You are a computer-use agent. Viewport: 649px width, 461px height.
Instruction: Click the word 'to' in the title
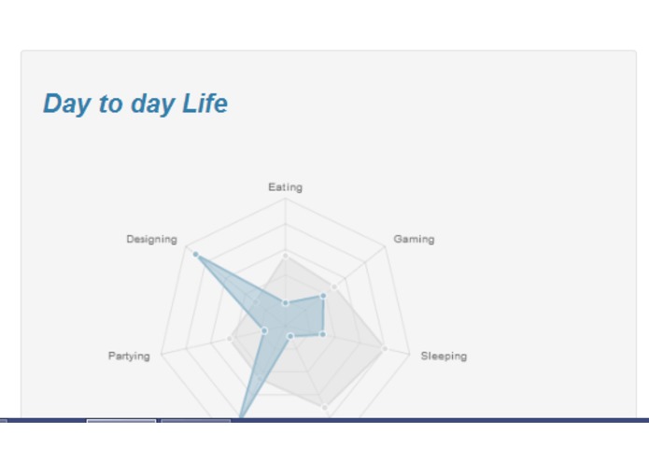click(111, 104)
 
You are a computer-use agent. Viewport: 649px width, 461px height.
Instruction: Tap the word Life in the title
click(205, 104)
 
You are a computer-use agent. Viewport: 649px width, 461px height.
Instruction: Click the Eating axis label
click(285, 188)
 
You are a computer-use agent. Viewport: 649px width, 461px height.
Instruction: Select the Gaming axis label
click(414, 239)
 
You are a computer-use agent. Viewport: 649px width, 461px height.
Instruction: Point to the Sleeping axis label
click(444, 356)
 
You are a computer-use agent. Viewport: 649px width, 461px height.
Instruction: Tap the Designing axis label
click(151, 239)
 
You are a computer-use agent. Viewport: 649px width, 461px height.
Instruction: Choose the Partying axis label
click(129, 356)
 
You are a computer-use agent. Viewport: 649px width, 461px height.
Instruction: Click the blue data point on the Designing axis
click(195, 254)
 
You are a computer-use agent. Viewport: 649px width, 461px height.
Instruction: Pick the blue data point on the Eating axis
click(286, 302)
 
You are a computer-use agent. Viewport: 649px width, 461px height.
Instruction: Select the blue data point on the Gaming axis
click(323, 296)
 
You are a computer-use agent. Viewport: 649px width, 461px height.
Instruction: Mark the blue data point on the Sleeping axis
click(322, 333)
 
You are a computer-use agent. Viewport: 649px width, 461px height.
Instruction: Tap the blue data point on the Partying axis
click(264, 330)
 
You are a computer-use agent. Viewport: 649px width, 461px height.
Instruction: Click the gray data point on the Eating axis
click(286, 255)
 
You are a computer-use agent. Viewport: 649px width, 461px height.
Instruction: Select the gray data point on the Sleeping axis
click(384, 348)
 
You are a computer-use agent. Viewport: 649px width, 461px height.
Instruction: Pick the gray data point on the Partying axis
click(230, 339)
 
